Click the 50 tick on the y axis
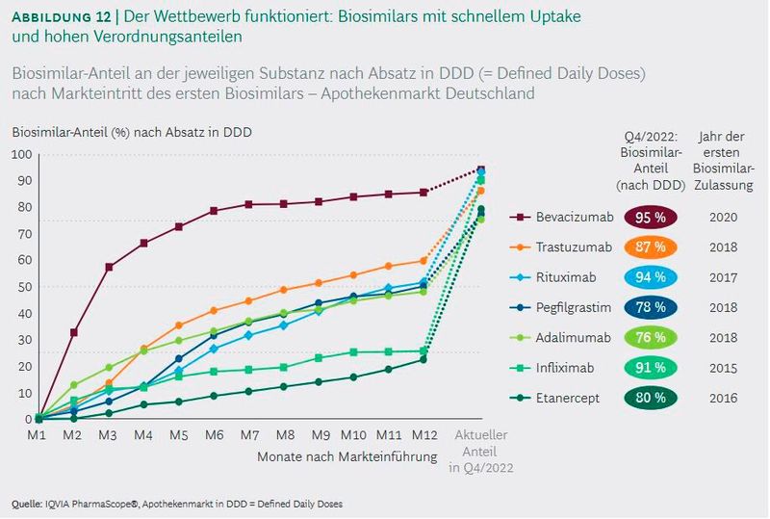pos(22,287)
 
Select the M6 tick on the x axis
pos(214,435)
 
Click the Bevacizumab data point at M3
pos(109,267)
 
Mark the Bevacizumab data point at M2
pos(74,332)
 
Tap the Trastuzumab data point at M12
pos(423,261)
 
